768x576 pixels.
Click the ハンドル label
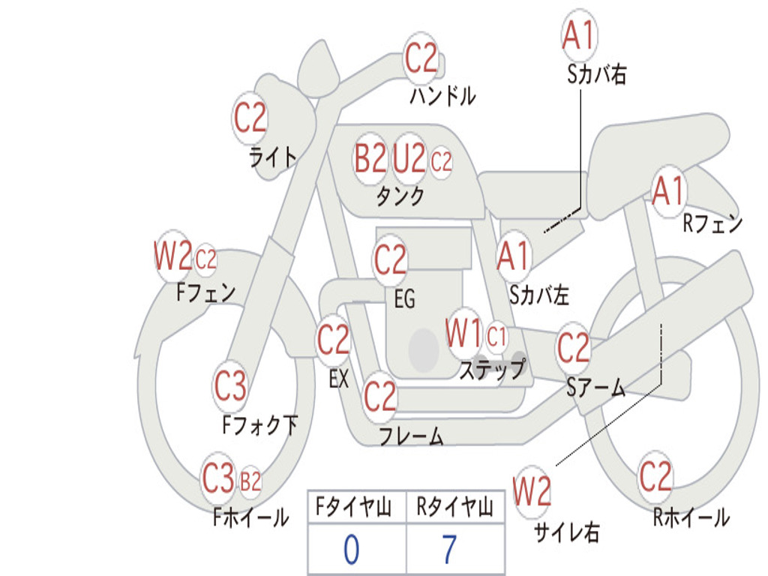[442, 95]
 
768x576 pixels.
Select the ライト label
[273, 157]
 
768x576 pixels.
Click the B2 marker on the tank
[370, 159]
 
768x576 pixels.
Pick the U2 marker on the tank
[409, 158]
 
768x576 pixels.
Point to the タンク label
[400, 196]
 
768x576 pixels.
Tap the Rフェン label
[712, 223]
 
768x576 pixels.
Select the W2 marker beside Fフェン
[173, 255]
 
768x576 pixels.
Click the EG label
[404, 298]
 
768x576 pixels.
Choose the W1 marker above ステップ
[463, 333]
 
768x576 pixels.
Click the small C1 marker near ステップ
[496, 337]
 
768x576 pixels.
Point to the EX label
[339, 379]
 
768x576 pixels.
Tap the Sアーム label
[595, 388]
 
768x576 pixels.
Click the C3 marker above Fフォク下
[230, 385]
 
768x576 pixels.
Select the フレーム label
[412, 436]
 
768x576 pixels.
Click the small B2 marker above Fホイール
[250, 481]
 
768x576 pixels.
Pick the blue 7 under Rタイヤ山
[449, 549]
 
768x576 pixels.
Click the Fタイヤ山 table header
[353, 506]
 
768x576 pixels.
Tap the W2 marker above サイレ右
[532, 490]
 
